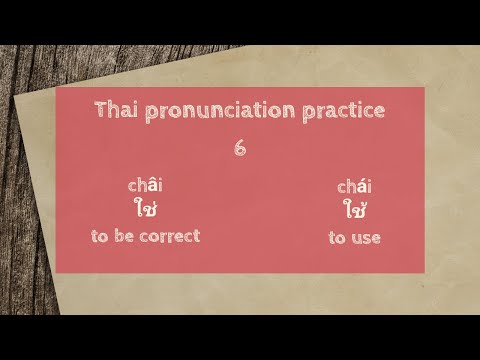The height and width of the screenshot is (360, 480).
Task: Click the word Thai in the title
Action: point(116,110)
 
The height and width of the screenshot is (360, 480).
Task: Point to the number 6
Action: point(240,147)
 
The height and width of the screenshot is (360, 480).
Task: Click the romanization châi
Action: point(145,185)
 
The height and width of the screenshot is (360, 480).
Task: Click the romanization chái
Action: point(354,186)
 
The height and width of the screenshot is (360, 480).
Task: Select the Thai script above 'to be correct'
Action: point(145,209)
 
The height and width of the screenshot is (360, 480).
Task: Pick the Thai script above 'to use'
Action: point(354,211)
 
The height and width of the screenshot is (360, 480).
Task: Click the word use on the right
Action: point(365,238)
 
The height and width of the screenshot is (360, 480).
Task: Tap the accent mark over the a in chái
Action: point(359,179)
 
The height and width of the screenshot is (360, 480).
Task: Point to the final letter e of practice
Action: point(378,112)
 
